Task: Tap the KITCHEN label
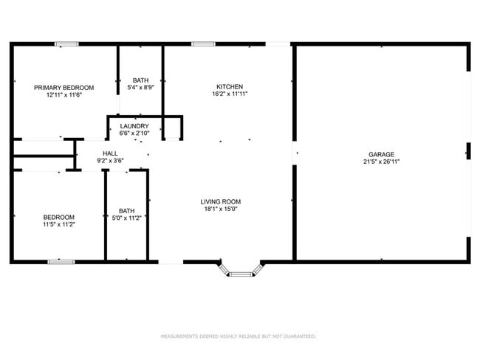pos(229,86)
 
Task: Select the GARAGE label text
pos(382,154)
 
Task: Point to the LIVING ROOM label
pos(221,201)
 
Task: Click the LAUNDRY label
pos(134,126)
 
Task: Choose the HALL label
pos(110,153)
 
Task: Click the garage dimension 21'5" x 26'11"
pos(382,162)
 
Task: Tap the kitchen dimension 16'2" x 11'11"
pos(229,94)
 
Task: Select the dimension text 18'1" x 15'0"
pos(221,209)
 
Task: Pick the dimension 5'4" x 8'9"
pos(140,87)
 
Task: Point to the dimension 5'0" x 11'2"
pos(126,218)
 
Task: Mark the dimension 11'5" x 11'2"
pos(58,224)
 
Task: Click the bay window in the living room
pos(240,273)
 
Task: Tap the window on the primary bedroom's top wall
pos(66,44)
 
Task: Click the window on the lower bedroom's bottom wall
pos(61,261)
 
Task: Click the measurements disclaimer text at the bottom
pos(239,336)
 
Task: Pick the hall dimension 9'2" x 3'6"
pos(110,161)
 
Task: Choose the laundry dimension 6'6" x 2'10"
pos(134,134)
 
